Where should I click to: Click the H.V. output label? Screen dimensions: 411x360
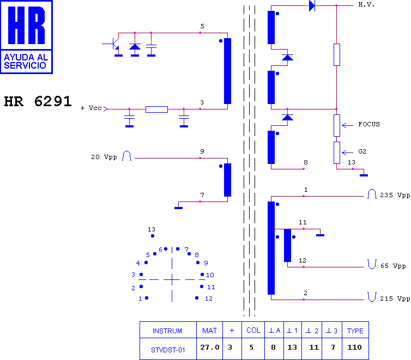(366, 5)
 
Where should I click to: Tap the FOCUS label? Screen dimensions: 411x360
(369, 124)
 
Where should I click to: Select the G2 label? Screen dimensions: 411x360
(362, 151)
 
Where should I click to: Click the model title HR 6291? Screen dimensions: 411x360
(38, 101)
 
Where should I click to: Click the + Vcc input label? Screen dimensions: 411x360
(91, 108)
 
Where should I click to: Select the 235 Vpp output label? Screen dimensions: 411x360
(395, 196)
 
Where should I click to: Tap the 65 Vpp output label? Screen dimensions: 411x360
(393, 266)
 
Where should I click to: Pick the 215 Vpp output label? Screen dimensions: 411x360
(395, 299)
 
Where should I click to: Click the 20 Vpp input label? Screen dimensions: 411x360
(104, 157)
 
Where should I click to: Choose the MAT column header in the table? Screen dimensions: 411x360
(209, 331)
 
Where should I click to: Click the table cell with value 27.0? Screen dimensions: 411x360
(210, 347)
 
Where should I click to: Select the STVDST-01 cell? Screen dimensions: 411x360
(168, 350)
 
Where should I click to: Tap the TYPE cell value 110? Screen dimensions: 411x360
(355, 347)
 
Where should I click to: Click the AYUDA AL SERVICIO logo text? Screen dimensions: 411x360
(26, 61)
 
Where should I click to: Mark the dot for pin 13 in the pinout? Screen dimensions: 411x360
(153, 236)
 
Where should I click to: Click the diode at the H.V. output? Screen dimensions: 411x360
(312, 5)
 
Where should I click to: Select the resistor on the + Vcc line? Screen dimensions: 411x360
(157, 109)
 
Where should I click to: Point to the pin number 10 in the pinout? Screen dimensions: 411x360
(210, 275)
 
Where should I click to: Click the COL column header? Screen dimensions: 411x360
(253, 331)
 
